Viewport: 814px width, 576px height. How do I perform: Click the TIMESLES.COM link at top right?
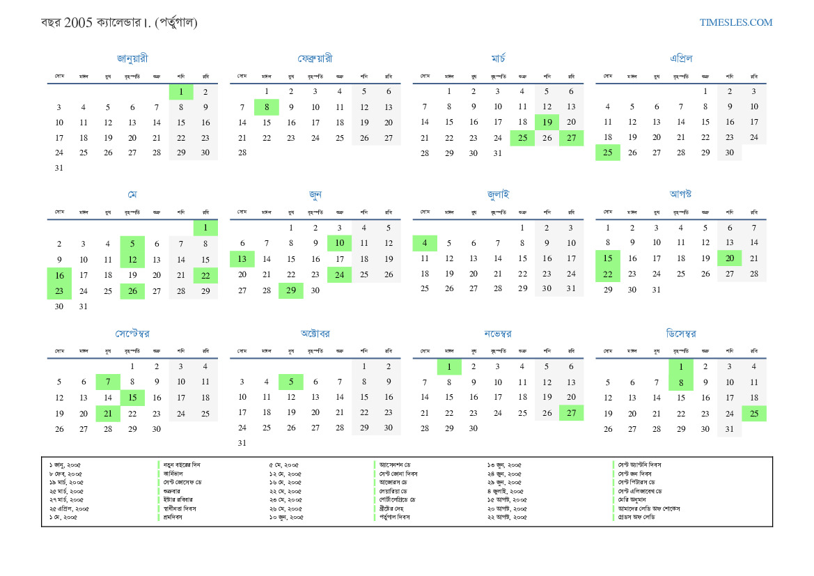click(x=736, y=22)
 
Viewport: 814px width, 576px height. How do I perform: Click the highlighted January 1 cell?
click(x=181, y=91)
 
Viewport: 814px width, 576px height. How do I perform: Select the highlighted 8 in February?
click(x=267, y=107)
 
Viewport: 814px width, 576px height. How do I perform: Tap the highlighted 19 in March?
click(x=547, y=123)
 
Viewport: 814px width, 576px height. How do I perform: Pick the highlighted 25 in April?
click(x=608, y=153)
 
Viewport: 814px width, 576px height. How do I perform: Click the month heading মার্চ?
click(x=498, y=59)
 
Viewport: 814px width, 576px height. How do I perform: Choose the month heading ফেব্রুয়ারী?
click(x=315, y=59)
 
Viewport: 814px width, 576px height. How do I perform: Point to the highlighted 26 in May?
click(x=132, y=290)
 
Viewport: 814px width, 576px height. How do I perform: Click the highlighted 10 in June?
click(x=339, y=243)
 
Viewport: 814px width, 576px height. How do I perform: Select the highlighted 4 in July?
click(x=425, y=243)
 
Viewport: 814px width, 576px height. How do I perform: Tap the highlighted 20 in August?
click(x=729, y=258)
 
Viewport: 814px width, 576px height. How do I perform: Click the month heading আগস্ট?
click(x=680, y=194)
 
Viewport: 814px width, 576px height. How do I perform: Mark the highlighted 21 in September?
click(x=108, y=413)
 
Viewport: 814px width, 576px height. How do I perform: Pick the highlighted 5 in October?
click(x=290, y=382)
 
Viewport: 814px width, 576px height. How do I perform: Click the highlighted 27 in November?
click(x=571, y=413)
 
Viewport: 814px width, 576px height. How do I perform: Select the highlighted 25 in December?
click(x=753, y=413)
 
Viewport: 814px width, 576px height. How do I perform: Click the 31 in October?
click(x=242, y=443)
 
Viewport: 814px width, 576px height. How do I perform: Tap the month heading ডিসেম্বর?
click(x=680, y=334)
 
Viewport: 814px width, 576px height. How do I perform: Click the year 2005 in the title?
click(x=77, y=22)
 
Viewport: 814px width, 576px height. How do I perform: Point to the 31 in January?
click(x=59, y=168)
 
